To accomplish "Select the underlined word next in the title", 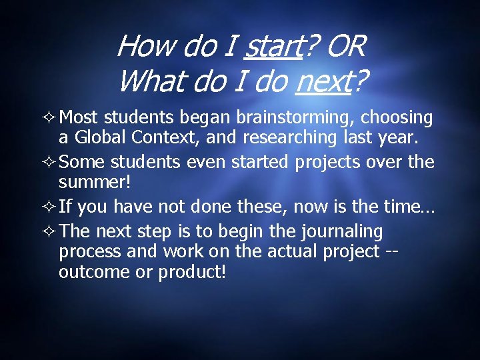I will point(322,82).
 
